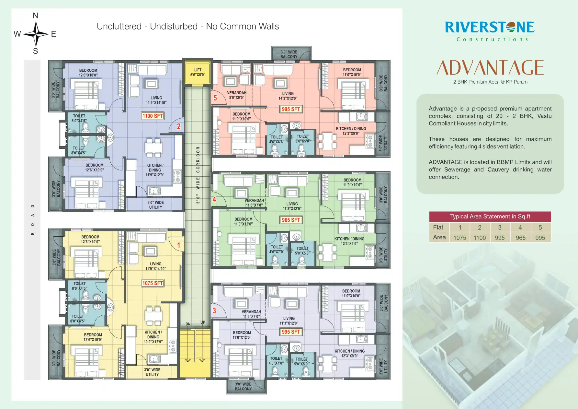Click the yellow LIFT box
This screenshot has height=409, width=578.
(x=198, y=73)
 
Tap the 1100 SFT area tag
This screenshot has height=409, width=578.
(x=153, y=116)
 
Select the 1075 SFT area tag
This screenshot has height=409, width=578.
(x=153, y=283)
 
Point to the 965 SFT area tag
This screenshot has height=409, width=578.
(x=291, y=220)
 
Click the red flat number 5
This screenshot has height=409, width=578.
(x=215, y=98)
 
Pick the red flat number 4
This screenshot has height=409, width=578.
(x=214, y=200)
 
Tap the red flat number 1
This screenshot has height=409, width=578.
(x=178, y=245)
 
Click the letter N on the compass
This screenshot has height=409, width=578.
(x=36, y=16)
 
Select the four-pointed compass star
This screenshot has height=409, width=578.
(x=36, y=34)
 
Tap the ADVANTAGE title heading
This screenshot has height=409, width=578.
(x=490, y=67)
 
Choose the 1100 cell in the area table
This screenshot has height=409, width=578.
(x=480, y=238)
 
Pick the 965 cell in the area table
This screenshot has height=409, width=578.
(x=520, y=238)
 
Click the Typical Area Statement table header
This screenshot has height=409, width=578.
(x=490, y=216)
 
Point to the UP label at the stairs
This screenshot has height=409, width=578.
(x=203, y=322)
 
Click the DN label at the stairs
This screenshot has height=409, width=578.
(x=188, y=324)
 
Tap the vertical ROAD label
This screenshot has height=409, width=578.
(x=33, y=220)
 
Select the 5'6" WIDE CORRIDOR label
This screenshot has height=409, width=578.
(x=198, y=175)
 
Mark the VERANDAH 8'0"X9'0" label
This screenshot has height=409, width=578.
(x=237, y=95)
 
